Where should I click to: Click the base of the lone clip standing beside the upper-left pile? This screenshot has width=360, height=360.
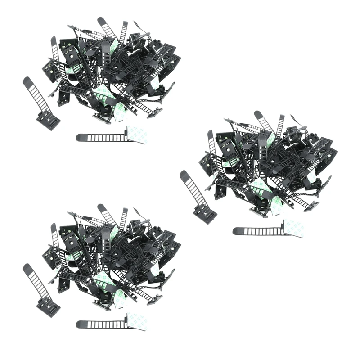[49, 120]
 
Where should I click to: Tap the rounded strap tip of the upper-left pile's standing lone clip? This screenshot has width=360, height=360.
[27, 81]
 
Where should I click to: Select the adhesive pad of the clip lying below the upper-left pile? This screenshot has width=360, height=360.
[137, 135]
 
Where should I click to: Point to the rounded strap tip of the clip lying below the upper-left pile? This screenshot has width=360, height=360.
[80, 137]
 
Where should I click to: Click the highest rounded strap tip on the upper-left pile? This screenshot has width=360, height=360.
[100, 20]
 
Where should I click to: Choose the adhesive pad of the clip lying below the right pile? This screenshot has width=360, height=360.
[293, 228]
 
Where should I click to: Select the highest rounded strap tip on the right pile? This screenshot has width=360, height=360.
[257, 114]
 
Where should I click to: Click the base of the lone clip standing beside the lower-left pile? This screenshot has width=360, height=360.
[49, 307]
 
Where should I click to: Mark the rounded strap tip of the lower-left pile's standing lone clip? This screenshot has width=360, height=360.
[27, 267]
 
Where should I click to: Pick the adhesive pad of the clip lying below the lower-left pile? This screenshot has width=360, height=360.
[137, 321]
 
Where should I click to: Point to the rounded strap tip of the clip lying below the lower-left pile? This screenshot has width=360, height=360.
[80, 324]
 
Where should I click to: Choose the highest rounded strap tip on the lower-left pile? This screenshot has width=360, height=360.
[100, 207]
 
